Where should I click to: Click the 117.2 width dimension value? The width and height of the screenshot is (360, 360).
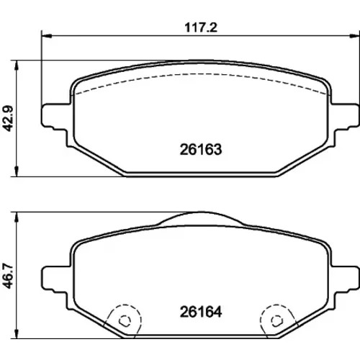click(201, 27)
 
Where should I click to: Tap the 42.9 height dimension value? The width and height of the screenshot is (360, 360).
click(9, 119)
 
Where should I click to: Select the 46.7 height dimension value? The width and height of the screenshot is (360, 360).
click(9, 276)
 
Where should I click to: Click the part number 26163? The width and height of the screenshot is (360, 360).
click(201, 150)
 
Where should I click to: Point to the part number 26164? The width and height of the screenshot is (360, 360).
click(201, 312)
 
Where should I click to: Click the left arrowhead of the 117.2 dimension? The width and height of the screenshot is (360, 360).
click(47, 36)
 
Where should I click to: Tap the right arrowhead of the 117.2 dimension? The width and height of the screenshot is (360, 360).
click(355, 36)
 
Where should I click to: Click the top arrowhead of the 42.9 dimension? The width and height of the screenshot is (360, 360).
click(17, 66)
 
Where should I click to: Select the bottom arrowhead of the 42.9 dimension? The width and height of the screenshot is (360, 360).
click(17, 171)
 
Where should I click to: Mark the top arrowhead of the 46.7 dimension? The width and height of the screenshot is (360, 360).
click(17, 217)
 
